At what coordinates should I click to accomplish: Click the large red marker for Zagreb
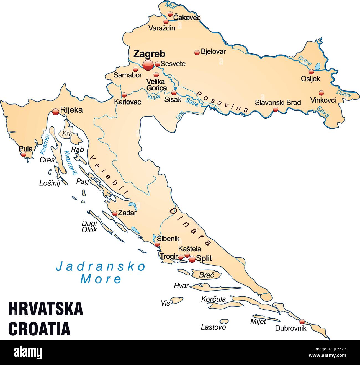(x=148, y=65)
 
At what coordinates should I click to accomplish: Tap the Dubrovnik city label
(x=291, y=328)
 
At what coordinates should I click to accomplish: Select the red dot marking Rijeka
(x=55, y=112)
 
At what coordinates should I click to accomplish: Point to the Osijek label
(x=310, y=79)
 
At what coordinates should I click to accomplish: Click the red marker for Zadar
(x=115, y=213)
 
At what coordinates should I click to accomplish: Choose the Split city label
(x=204, y=258)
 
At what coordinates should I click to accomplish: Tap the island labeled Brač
(x=207, y=275)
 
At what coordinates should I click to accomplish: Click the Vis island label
(x=165, y=303)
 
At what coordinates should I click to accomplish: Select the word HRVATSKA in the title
(x=46, y=309)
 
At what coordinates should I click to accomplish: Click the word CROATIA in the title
(x=39, y=328)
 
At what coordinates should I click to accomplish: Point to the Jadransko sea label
(x=101, y=266)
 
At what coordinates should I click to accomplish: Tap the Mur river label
(x=171, y=5)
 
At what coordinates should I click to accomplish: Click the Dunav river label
(x=344, y=94)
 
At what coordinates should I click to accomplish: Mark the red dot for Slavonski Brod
(x=276, y=109)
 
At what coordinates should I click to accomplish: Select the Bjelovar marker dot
(x=197, y=53)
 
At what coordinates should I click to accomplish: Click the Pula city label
(x=25, y=149)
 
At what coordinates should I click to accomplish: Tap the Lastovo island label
(x=213, y=327)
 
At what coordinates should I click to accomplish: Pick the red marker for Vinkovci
(x=321, y=93)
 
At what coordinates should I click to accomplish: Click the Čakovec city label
(x=187, y=18)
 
